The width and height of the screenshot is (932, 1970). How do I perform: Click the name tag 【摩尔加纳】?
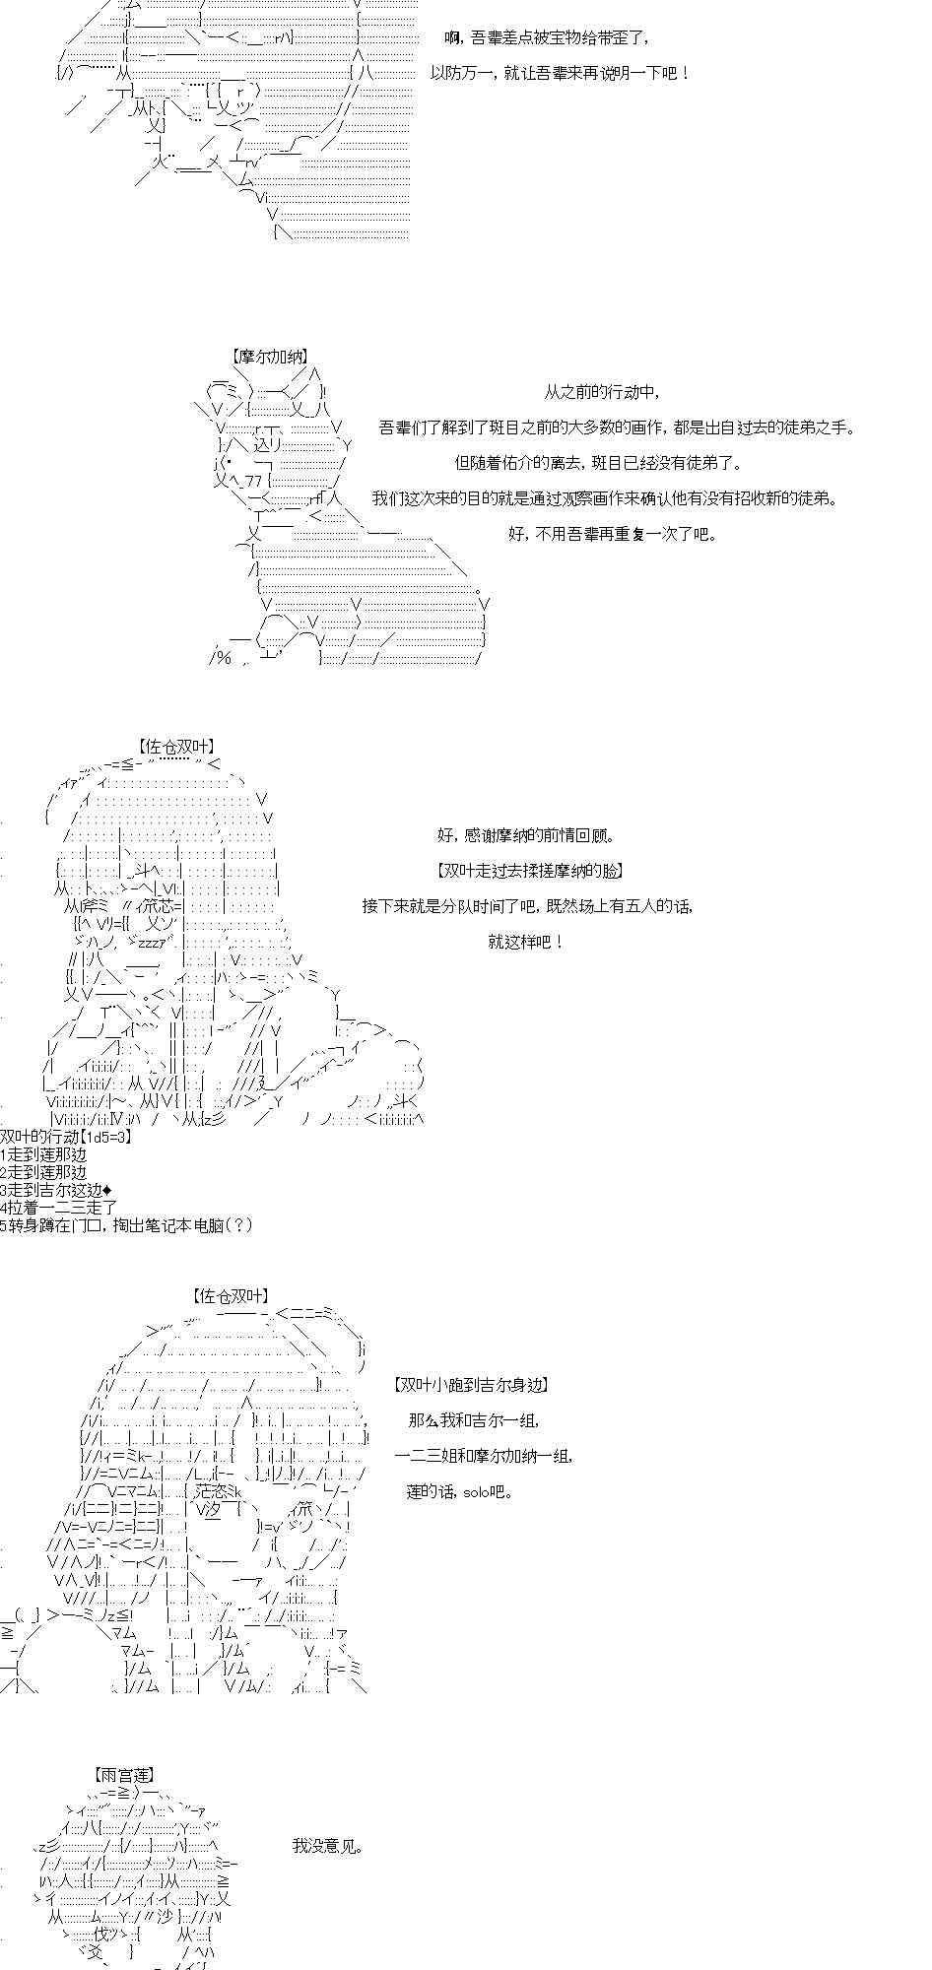coord(270,358)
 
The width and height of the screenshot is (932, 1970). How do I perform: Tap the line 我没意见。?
coord(327,1845)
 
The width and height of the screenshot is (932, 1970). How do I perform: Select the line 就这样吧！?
coord(526,942)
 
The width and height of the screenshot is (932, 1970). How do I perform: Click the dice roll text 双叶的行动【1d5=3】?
coord(65,1137)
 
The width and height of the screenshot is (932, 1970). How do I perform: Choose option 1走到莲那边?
coord(43,1154)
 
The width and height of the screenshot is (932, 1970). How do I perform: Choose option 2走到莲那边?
coord(43,1172)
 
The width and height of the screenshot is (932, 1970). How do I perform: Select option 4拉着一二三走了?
coord(58,1208)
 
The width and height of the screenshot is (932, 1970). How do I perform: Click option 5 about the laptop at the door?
coord(126,1225)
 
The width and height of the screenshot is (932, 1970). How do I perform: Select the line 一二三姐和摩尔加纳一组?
coord(483,1456)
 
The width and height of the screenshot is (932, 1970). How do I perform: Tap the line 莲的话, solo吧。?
coord(459,1491)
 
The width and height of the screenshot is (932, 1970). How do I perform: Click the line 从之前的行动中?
coord(601,392)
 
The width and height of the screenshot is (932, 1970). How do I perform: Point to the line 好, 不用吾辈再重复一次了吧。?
coord(613,534)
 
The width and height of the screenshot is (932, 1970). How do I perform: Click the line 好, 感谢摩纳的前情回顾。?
coord(526,835)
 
